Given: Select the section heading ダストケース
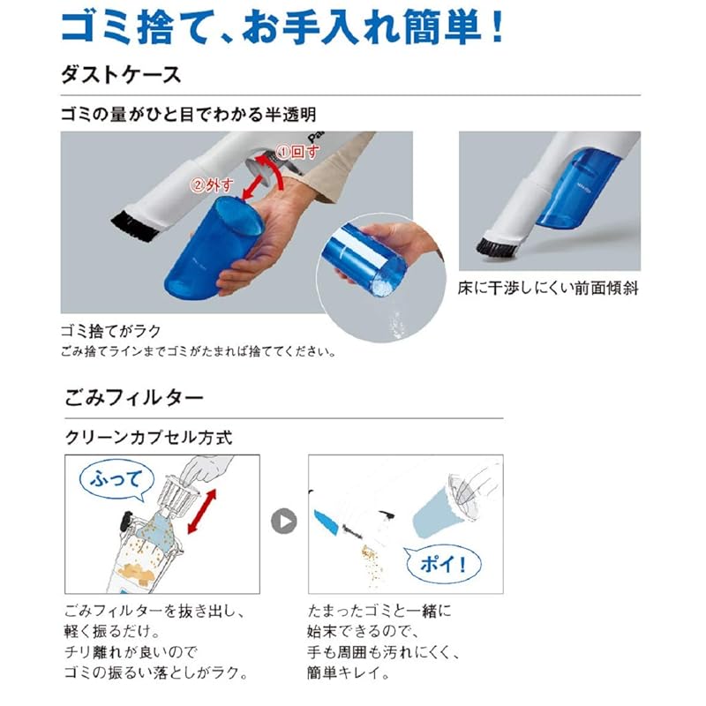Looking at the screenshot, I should (x=121, y=74).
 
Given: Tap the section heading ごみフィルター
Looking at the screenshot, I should (x=133, y=398).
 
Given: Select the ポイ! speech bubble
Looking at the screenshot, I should (x=438, y=561).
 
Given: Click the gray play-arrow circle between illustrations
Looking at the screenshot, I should (x=283, y=522).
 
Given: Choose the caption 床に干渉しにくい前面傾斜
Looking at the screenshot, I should (x=549, y=289).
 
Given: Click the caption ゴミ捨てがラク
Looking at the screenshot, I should (x=110, y=331).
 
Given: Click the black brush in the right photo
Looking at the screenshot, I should (x=494, y=244).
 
